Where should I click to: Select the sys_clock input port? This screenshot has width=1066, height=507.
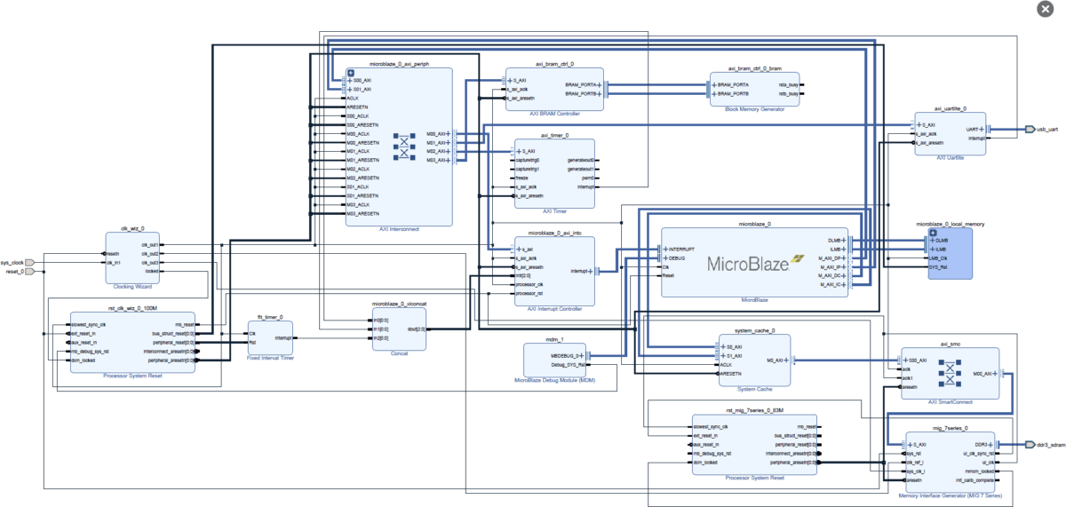28,263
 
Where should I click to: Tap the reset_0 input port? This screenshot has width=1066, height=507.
28,272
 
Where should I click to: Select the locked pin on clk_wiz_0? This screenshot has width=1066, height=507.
151,271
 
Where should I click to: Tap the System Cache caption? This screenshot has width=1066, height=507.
754,389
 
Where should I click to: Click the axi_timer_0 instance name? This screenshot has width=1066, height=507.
543,135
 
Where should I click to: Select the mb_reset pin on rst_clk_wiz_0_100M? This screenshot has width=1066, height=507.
186,325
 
